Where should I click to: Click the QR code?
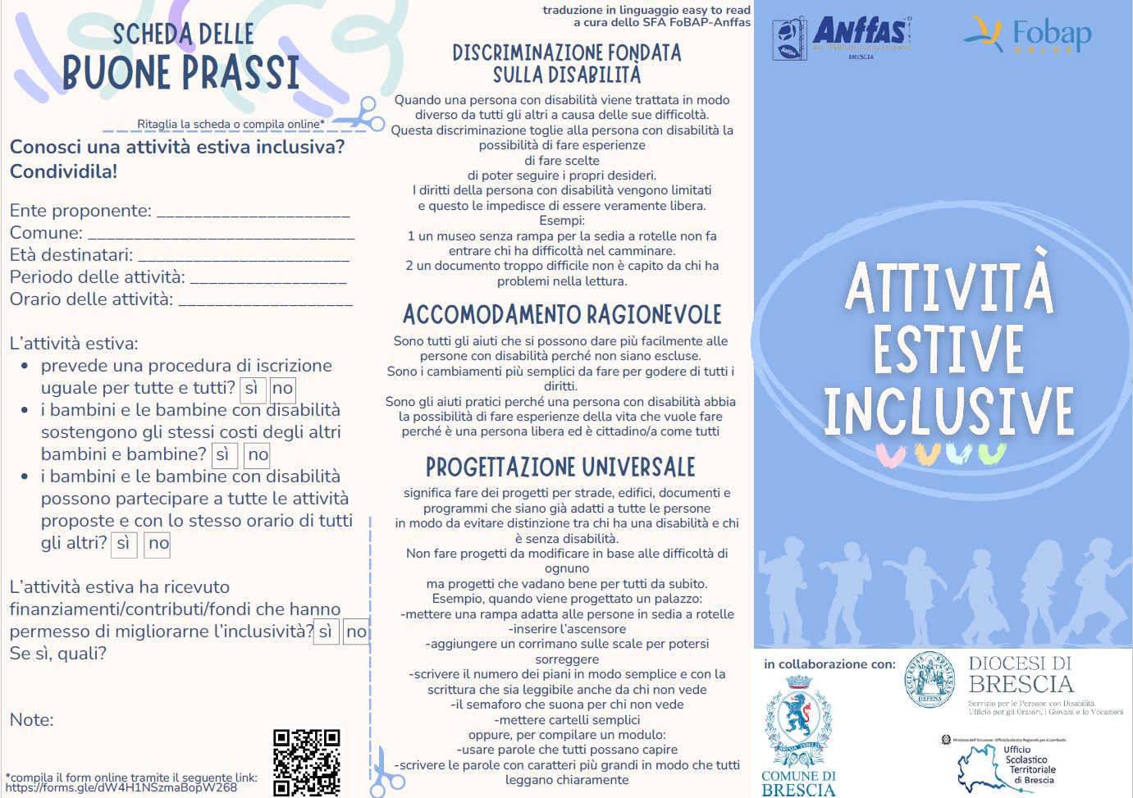click(x=306, y=762)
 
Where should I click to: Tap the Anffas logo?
click(x=842, y=37)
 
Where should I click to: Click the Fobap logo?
click(x=1028, y=34)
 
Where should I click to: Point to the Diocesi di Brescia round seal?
click(x=930, y=679)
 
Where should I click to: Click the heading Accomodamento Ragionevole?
click(x=562, y=315)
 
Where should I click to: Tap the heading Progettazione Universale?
click(x=560, y=467)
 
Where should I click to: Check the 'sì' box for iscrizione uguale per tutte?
click(x=251, y=389)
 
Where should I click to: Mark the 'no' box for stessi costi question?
click(x=258, y=455)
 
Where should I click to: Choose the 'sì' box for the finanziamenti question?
click(x=326, y=632)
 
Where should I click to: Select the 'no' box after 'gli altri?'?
click(x=158, y=544)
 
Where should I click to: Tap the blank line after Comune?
click(x=222, y=235)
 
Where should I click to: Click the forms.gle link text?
click(x=121, y=788)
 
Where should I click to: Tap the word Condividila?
click(x=63, y=172)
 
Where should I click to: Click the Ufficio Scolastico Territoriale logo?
click(x=1008, y=765)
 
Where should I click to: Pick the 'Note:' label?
click(x=31, y=720)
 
